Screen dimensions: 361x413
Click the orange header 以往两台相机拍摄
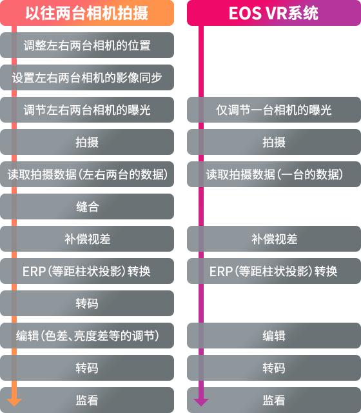click(87, 13)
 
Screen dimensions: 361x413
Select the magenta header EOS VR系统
click(273, 13)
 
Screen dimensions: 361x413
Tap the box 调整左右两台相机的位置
click(87, 45)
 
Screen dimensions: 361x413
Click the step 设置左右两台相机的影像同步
click(87, 77)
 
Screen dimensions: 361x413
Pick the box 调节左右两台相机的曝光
click(87, 110)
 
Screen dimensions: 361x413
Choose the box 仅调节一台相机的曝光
click(273, 110)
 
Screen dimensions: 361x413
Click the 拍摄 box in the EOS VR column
click(273, 142)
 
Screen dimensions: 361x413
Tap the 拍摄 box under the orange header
click(87, 142)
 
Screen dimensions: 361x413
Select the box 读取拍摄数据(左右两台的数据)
click(87, 174)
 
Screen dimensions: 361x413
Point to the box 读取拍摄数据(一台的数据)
click(273, 174)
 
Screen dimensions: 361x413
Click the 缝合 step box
click(87, 206)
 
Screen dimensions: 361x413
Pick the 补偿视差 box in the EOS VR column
click(273, 239)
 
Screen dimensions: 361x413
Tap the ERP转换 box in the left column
click(87, 271)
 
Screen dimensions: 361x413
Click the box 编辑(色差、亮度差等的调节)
click(87, 336)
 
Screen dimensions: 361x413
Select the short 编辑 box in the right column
click(273, 336)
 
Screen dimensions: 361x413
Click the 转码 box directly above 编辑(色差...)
click(87, 303)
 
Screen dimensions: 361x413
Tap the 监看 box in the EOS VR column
click(273, 400)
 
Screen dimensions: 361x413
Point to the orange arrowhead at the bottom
click(14, 402)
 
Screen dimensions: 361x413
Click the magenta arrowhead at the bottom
click(201, 402)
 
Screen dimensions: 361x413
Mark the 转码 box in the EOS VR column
click(273, 368)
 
